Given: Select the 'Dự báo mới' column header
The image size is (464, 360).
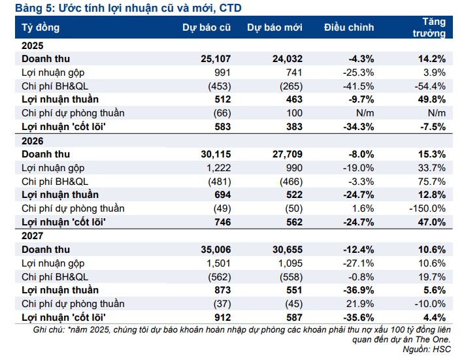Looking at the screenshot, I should tap(274, 27).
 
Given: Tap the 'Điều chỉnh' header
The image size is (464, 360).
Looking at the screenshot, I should tap(349, 27).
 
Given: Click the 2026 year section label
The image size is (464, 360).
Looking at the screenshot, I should tap(33, 140).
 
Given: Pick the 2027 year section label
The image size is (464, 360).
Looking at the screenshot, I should tap(33, 236).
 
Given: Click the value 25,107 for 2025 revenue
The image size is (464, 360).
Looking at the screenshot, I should tap(214, 59).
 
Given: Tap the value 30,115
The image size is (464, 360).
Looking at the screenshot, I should tap(214, 154).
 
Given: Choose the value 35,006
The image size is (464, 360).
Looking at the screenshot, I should tap(214, 250).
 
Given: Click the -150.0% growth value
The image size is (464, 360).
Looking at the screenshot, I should tap(427, 208).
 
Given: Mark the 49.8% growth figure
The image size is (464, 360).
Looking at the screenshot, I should tap(431, 99).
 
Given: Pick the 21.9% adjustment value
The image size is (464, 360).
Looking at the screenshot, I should tap(361, 304).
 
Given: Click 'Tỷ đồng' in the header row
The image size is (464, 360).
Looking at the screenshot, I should tap(41, 27).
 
